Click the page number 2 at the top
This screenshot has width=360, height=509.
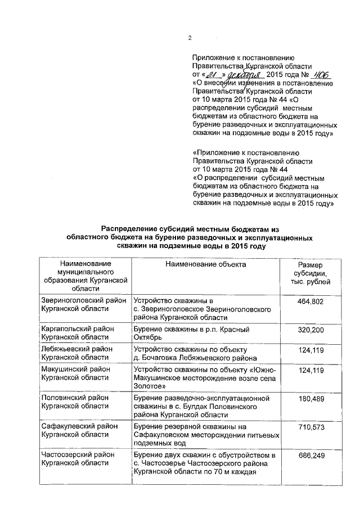tap(190, 38)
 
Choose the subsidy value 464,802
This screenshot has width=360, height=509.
tap(310, 302)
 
